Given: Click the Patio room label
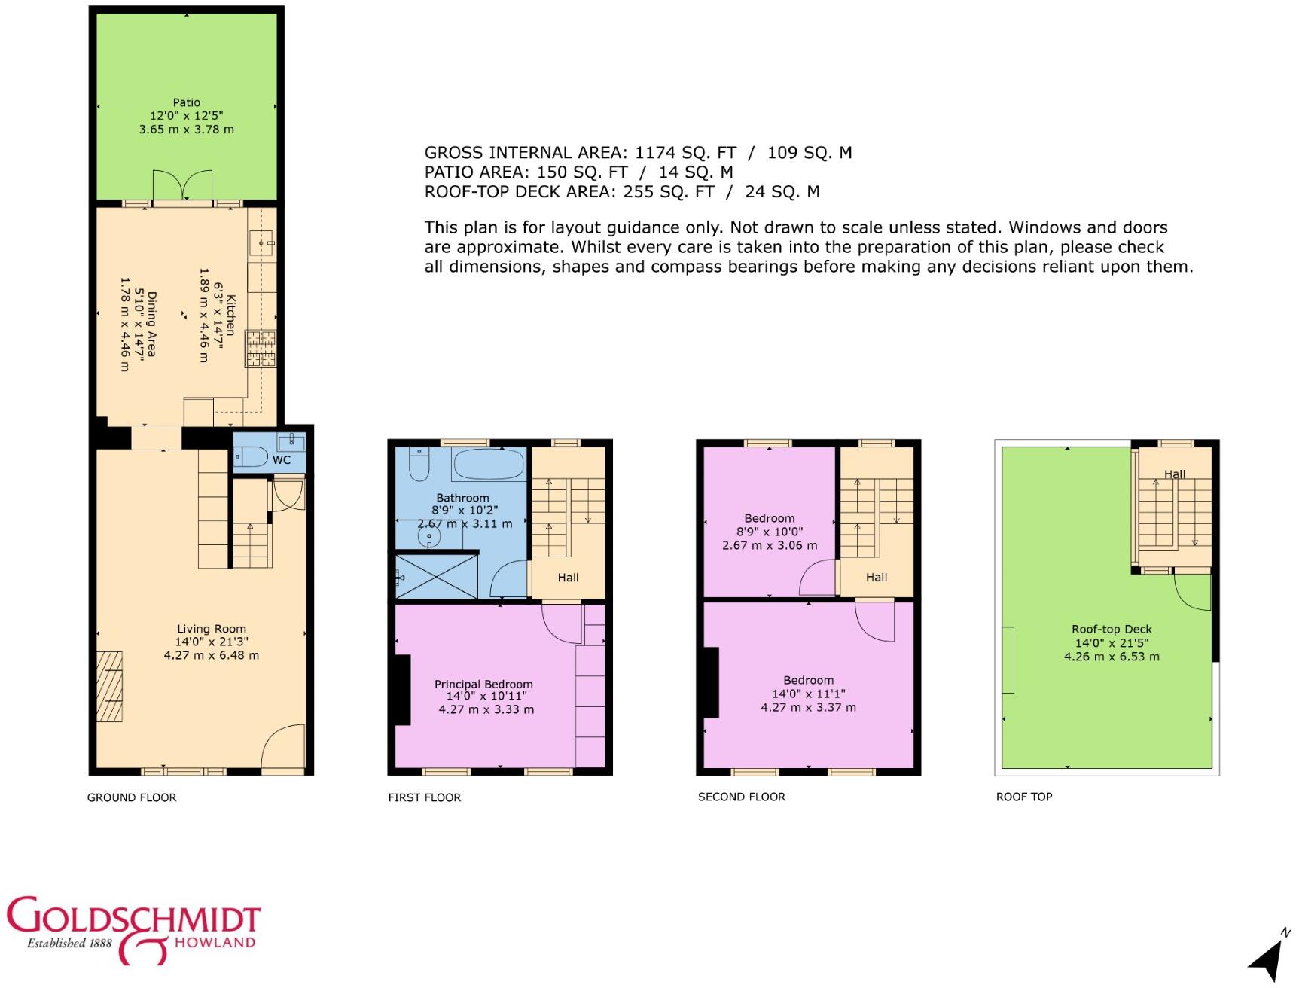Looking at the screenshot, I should pyautogui.click(x=187, y=102).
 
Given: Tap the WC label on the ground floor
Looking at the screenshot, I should pyautogui.click(x=282, y=460).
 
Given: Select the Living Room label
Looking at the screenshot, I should pyautogui.click(x=212, y=629).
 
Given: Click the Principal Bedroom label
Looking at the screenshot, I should pyautogui.click(x=483, y=685).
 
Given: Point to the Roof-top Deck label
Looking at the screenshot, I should pyautogui.click(x=1112, y=630).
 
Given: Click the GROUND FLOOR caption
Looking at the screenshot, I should pyautogui.click(x=132, y=797).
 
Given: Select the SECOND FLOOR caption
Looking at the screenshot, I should pyautogui.click(x=741, y=797).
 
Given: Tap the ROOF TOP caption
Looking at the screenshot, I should pyautogui.click(x=1024, y=797).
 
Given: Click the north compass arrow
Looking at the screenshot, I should pyautogui.click(x=1270, y=955).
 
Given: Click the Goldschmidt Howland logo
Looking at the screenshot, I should pyautogui.click(x=133, y=930).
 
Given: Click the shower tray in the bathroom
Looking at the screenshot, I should pyautogui.click(x=437, y=577).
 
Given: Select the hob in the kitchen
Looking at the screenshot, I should pyautogui.click(x=261, y=349).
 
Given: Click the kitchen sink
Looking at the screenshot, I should pyautogui.click(x=261, y=243).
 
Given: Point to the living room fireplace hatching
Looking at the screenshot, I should pyautogui.click(x=110, y=686).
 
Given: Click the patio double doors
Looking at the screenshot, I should pyautogui.click(x=182, y=187).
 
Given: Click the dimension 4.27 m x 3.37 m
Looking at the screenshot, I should pyautogui.click(x=808, y=708).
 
